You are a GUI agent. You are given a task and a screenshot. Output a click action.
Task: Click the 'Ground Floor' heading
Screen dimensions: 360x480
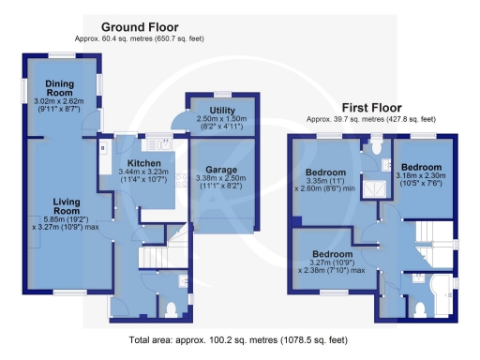(x=139, y=27)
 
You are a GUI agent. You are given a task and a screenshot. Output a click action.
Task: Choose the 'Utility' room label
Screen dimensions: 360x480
(x=221, y=111)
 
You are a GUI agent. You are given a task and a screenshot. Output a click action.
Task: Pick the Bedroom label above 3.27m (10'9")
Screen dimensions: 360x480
(x=333, y=254)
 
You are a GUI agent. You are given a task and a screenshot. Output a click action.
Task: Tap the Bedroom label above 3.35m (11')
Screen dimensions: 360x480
(x=326, y=172)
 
